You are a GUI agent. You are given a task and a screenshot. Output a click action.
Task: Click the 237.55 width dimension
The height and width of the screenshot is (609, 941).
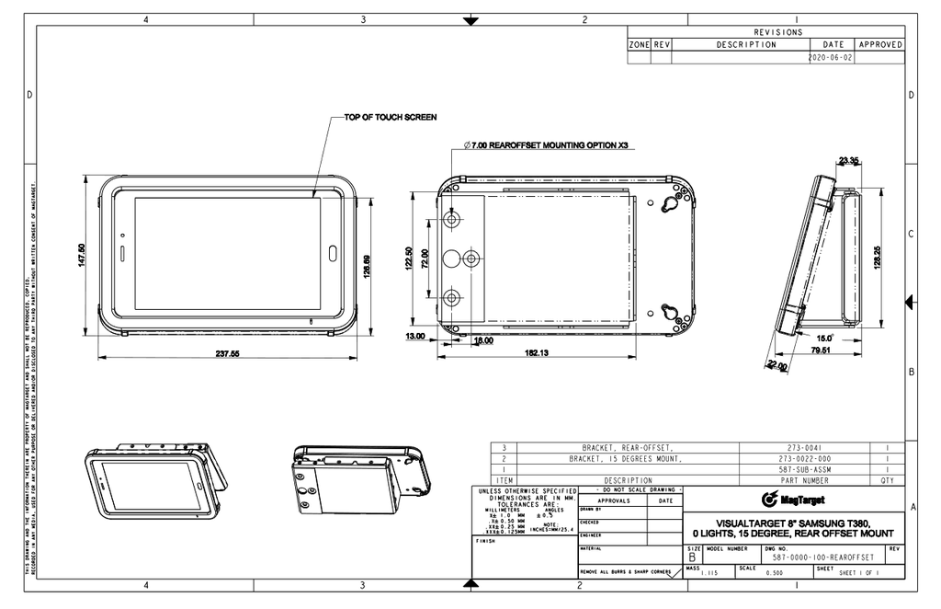(x=227, y=353)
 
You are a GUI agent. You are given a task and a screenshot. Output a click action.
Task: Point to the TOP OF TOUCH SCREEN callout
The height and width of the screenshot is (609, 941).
(x=390, y=118)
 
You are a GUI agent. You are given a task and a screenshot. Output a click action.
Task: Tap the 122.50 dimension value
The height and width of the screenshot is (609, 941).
(x=410, y=259)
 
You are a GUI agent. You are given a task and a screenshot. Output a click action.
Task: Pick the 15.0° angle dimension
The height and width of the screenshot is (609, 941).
(x=824, y=338)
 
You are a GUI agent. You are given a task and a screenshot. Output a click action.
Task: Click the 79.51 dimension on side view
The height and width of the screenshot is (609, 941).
(x=821, y=350)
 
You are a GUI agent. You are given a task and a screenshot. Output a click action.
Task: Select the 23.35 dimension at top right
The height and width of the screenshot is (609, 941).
(x=848, y=161)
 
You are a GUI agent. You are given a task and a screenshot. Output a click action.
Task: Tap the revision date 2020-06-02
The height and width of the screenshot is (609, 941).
(x=831, y=57)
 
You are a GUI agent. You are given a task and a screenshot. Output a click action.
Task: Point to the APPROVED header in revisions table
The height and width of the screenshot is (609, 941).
(x=879, y=44)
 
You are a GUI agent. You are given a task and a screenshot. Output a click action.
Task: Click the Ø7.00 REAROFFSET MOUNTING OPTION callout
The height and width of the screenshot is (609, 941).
(x=546, y=145)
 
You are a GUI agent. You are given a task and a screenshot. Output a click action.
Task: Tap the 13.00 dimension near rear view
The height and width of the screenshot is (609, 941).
(x=414, y=337)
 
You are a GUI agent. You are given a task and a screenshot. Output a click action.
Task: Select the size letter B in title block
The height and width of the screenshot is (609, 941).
(x=692, y=557)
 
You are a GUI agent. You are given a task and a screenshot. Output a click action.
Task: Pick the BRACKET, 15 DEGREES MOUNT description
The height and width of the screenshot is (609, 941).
(x=627, y=458)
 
